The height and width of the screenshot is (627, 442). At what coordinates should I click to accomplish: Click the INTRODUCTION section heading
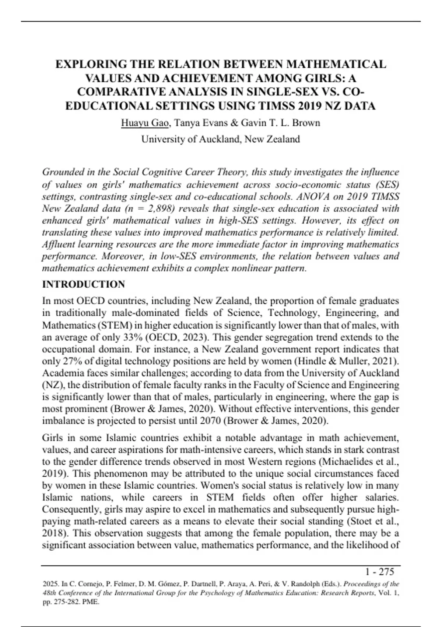point(84,284)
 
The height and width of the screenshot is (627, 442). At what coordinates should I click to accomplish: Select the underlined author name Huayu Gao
point(145,123)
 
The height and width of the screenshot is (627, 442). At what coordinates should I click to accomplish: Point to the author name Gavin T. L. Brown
point(280,123)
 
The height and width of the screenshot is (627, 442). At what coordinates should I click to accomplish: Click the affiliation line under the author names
point(221,139)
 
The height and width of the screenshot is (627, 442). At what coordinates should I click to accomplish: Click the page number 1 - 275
point(379,572)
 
